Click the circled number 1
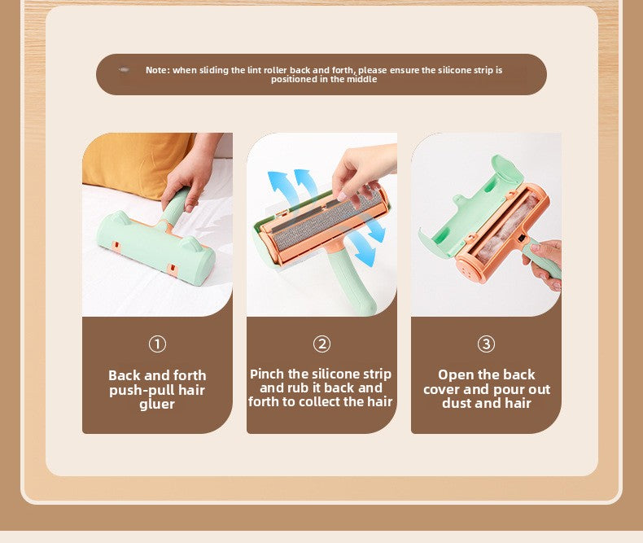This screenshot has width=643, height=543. point(157,344)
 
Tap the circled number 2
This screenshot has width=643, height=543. point(322,344)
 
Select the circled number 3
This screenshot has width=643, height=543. point(487,344)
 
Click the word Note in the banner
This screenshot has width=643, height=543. point(156,70)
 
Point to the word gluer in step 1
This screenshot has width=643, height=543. point(157,405)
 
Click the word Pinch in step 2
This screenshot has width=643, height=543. point(267,374)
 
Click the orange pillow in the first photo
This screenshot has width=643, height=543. point(136,164)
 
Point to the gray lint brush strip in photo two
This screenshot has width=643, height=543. point(326,220)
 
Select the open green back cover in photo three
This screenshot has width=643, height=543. point(471,205)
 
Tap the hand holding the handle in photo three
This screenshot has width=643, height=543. point(544,262)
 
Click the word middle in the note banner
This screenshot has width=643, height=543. point(362,79)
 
